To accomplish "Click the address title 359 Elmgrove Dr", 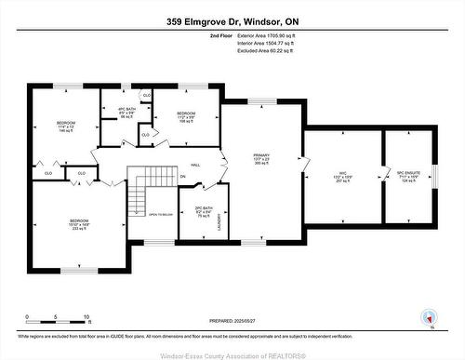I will tap(232, 20).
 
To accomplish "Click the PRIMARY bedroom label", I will tap(261, 159).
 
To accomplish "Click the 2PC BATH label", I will tap(192, 210).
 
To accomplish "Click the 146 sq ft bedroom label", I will tap(66, 127).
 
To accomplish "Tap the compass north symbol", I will tap(429, 316).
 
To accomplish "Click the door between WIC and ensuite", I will tap(383, 177).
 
